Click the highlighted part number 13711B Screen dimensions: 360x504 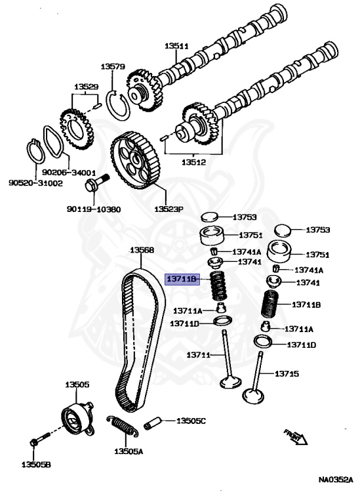point(182,279)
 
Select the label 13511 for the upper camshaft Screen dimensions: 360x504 point(176,46)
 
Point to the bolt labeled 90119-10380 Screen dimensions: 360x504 point(96,184)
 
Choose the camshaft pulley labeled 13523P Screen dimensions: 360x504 point(134,160)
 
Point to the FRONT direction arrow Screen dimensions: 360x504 point(296,437)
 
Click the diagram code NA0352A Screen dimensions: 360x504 point(336,480)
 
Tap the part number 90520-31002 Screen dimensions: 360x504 point(35,183)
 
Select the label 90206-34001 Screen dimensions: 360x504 point(69,173)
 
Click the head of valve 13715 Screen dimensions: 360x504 point(253,396)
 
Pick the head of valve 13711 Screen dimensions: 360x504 point(231,382)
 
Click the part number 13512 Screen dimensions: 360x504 point(193,162)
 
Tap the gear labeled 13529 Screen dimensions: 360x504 point(77,129)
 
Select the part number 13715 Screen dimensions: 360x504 point(287,373)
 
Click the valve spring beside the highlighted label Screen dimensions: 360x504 point(218,285)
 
